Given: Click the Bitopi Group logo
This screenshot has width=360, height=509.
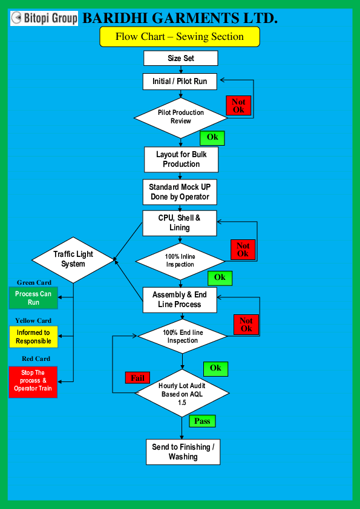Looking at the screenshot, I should coord(44,18).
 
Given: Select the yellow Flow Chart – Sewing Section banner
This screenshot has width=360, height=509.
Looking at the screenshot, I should coord(180,37).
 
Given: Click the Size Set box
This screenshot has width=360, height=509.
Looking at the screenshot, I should coord(180,59).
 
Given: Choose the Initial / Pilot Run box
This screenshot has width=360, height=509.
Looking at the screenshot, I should coord(180,81).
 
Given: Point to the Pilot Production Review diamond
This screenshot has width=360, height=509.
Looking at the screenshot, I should coord(181,116).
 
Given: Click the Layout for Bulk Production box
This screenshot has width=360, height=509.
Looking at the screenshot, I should coord(181,159).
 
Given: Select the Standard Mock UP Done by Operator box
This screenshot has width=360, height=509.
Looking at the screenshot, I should coord(180,192).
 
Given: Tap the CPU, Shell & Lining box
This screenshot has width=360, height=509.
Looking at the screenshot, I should coord(179,223).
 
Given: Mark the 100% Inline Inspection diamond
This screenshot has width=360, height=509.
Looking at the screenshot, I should coord(180,261).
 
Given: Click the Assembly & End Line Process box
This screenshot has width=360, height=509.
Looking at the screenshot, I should coord(180,299).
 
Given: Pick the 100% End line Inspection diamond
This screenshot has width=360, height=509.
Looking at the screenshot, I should coord(183,336).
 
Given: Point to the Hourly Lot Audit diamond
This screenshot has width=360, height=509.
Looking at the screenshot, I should coord(182,394).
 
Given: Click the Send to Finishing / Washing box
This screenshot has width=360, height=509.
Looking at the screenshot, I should coord(183,452).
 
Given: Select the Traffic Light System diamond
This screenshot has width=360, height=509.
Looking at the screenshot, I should coord(73,259).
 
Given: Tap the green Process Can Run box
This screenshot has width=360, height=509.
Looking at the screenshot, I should coord(33,297).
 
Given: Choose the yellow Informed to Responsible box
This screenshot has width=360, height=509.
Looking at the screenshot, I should coord(33,337).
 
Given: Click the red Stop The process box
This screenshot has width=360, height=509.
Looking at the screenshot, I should coord(33,381).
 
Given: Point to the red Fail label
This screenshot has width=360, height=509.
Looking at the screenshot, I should coord(137,378).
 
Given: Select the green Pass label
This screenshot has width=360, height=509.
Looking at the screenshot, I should coord(202,421).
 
